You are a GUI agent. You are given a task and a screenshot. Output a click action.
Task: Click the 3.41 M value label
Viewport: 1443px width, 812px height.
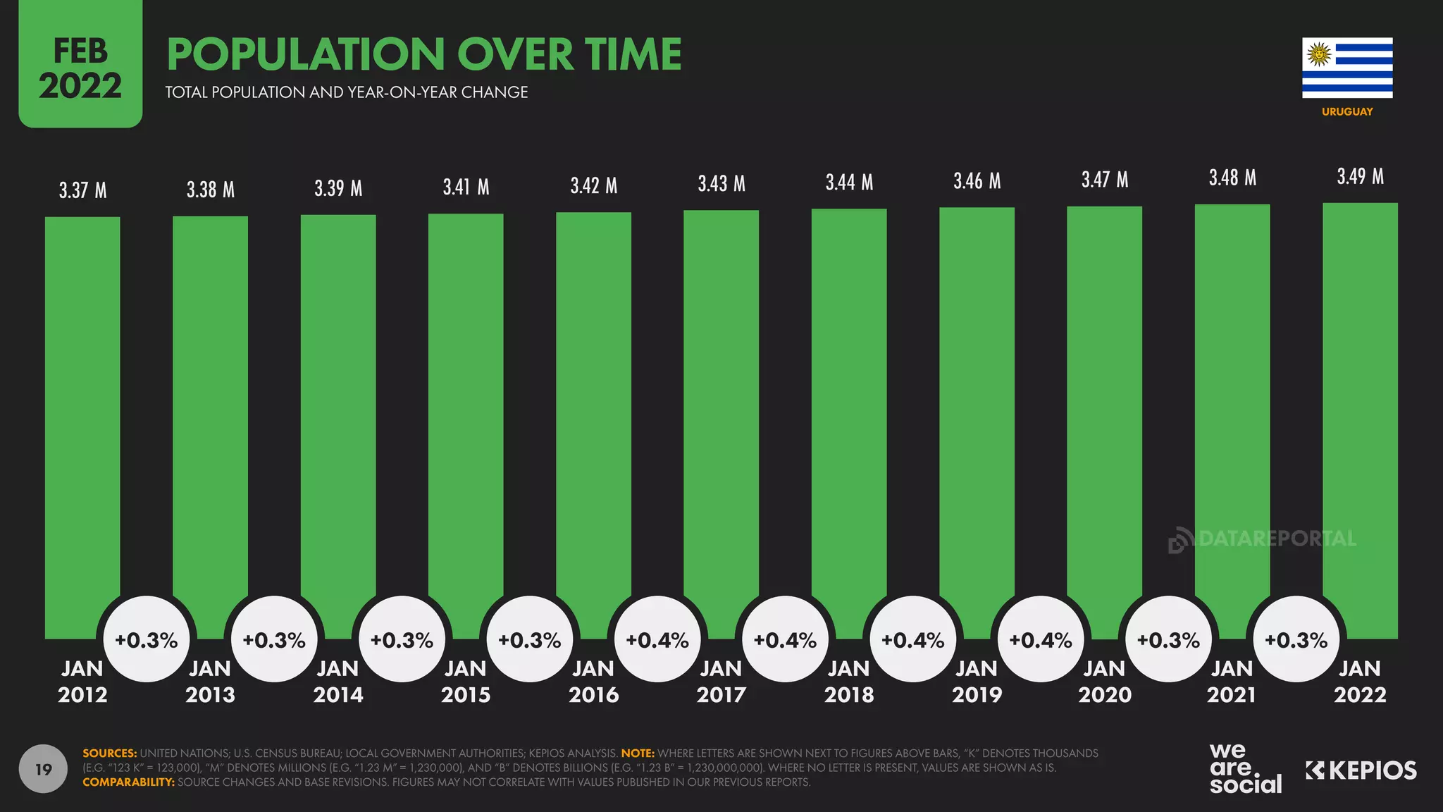coord(466,187)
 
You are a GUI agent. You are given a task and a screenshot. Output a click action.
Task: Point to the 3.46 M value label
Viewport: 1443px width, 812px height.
coord(977,182)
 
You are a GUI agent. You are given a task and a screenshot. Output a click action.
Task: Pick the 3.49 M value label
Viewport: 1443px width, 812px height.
coord(1360,177)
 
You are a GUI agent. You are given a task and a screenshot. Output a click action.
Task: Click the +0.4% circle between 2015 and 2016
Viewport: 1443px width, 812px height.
coord(657,640)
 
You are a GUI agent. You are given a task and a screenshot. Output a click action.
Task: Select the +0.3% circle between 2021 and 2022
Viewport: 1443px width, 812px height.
coord(1296,640)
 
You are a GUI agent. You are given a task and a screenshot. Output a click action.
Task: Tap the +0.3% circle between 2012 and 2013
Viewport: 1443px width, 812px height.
coord(147,640)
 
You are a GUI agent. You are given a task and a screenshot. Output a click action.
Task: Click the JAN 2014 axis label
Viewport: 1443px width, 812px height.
coord(338,682)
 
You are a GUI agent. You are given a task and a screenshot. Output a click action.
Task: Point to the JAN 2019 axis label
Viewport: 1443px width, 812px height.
coord(977,682)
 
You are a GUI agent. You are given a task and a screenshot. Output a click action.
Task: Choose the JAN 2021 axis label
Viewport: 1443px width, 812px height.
coord(1232,682)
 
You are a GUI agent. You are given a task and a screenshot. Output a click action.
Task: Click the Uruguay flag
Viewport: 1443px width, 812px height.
coord(1347,68)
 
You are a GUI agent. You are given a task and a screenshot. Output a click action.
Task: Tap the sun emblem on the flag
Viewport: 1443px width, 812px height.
coord(1318,54)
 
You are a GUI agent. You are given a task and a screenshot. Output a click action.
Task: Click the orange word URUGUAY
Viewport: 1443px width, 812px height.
coord(1347,111)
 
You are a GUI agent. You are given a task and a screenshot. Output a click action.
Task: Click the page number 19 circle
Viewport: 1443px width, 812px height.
coord(43,769)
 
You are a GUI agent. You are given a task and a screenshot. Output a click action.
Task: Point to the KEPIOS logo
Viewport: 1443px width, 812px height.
coord(1361,770)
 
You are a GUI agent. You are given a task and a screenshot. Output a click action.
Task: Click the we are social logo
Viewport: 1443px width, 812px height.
coord(1244,768)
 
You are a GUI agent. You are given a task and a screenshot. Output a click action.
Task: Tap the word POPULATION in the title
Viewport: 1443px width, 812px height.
coord(306,55)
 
